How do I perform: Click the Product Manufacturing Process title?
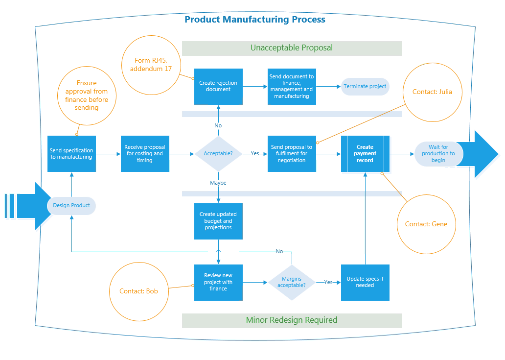pyautogui.click(x=254, y=20)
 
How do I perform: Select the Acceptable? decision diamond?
pyautogui.click(x=218, y=153)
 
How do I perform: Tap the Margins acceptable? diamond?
pyautogui.click(x=292, y=282)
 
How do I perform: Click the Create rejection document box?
pyautogui.click(x=218, y=86)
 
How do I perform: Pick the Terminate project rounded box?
pyautogui.click(x=365, y=86)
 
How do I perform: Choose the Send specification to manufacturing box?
pyautogui.click(x=71, y=154)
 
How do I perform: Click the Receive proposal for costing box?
pyautogui.click(x=145, y=154)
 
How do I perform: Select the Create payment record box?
pyautogui.click(x=365, y=154)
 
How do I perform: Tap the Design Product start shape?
pyautogui.click(x=71, y=205)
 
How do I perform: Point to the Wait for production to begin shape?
pyautogui.click(x=438, y=154)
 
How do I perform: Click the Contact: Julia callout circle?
pyautogui.click(x=432, y=92)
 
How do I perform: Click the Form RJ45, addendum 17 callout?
pyautogui.click(x=151, y=65)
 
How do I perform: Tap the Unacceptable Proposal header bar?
pyautogui.click(x=292, y=48)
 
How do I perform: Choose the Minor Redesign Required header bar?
pyautogui.click(x=292, y=320)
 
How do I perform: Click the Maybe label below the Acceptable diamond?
pyautogui.click(x=218, y=183)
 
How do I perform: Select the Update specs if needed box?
pyautogui.click(x=365, y=282)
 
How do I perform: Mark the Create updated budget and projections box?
pyautogui.click(x=218, y=221)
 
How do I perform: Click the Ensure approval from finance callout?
pyautogui.click(x=87, y=95)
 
